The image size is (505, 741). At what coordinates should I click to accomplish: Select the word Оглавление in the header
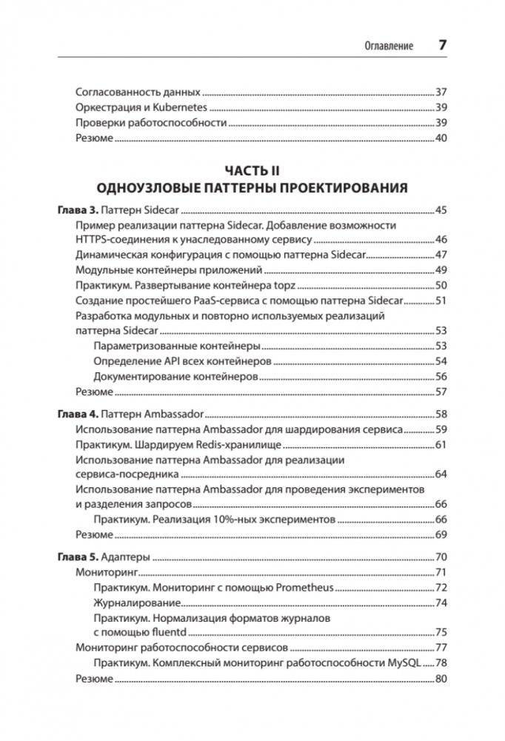click(x=389, y=46)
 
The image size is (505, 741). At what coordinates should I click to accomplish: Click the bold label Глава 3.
click(x=77, y=211)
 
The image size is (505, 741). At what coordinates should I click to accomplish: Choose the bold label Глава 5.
click(x=77, y=557)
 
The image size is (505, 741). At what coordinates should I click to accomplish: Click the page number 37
click(x=441, y=93)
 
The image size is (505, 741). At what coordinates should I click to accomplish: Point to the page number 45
click(x=441, y=211)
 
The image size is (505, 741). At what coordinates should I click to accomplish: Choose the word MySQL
click(x=409, y=663)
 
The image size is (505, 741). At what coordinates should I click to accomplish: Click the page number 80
click(x=441, y=678)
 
